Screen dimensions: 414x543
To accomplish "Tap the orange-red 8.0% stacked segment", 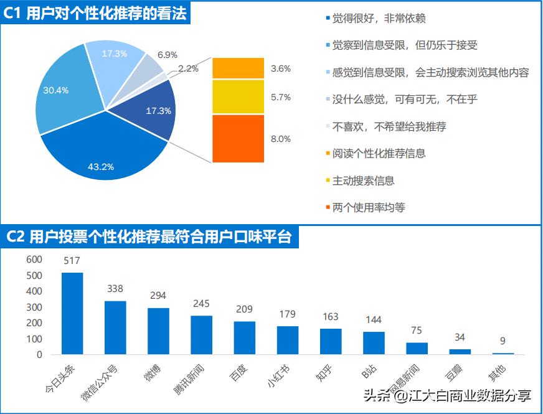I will point(238,139).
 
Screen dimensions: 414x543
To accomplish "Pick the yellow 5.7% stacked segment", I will point(238,96).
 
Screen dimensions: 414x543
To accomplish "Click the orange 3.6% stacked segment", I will point(238,68).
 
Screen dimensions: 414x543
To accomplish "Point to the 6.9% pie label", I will point(168,55).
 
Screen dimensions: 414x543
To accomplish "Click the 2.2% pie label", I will point(188,68).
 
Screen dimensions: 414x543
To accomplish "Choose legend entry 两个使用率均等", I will point(368,207).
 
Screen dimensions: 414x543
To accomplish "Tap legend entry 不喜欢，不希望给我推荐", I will point(389,126).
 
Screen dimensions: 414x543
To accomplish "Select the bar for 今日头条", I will point(72,313).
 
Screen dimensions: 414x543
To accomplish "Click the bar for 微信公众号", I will point(115,327).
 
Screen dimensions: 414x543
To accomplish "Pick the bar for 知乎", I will point(331,341).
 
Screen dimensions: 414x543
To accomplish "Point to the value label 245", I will point(201,304).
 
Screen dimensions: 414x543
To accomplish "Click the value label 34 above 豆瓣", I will point(460,337).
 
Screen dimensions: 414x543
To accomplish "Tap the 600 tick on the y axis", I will point(34,259).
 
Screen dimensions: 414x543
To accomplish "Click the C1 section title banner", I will point(96,13).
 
